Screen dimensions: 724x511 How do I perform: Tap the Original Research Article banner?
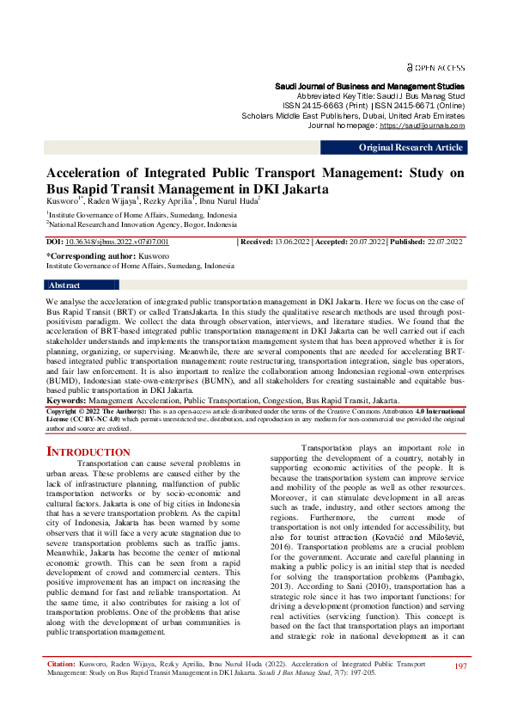[x=411, y=148]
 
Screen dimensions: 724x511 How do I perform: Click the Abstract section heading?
[x=65, y=285]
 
